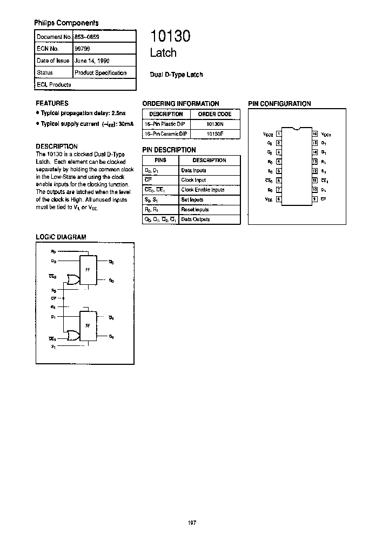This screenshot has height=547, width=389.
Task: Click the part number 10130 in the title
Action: click(170, 36)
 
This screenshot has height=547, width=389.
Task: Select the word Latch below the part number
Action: click(163, 53)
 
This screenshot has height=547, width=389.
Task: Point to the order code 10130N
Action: click(214, 124)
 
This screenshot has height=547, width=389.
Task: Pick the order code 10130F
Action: click(214, 133)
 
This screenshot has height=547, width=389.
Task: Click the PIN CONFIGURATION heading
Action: click(279, 104)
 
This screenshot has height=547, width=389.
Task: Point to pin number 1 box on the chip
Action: click(278, 134)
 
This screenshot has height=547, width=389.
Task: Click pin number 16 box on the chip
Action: click(314, 134)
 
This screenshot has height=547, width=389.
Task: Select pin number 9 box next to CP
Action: click(314, 199)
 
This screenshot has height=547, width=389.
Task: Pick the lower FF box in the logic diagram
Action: click(87, 326)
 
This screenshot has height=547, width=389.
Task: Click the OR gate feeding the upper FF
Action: click(71, 279)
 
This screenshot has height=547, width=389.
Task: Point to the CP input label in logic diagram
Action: click(53, 298)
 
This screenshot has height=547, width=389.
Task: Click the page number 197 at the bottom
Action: click(192, 522)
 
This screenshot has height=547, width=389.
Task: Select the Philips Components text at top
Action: click(66, 23)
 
